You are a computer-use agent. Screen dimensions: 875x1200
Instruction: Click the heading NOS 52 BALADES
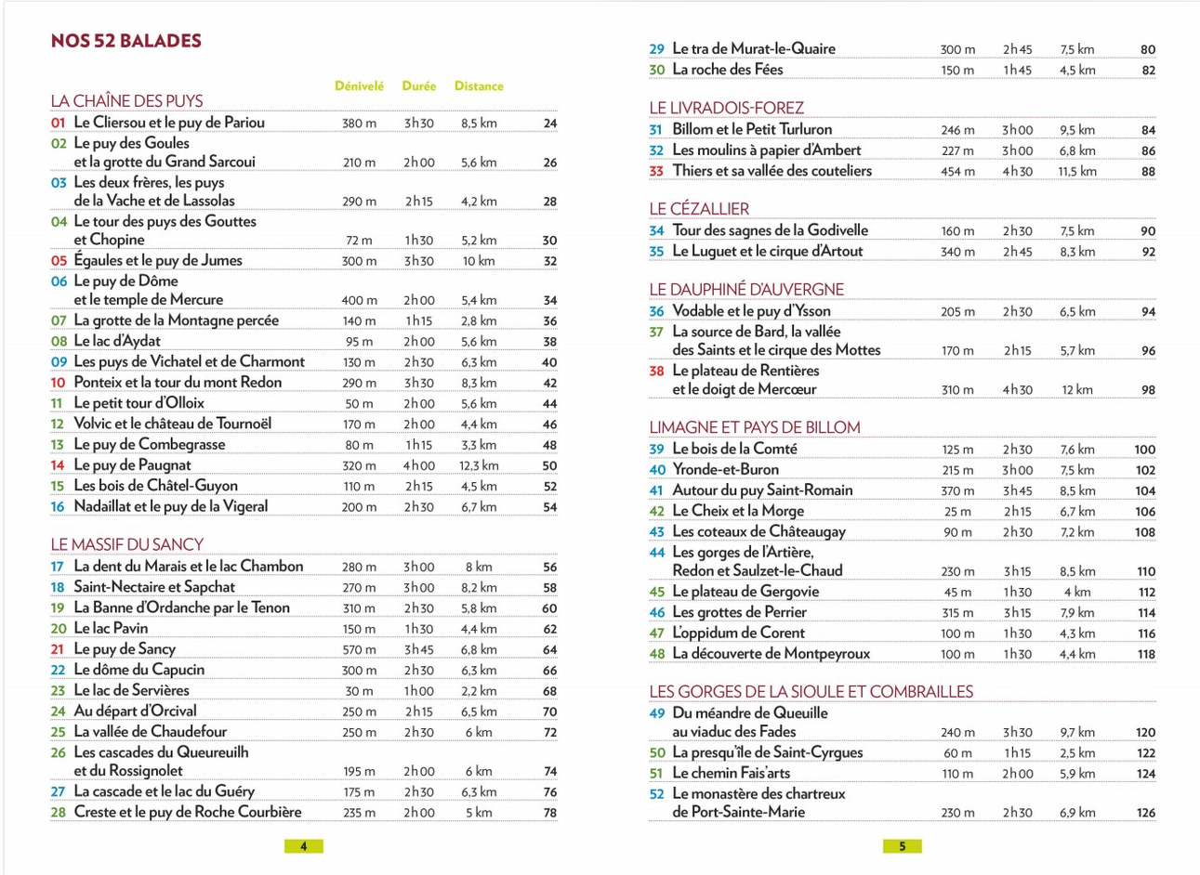coord(126,41)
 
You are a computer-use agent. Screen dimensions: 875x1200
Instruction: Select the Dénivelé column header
coord(359,86)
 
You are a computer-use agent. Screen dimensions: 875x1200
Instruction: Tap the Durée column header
coord(419,86)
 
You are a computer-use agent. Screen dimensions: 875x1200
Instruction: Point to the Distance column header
coord(479,86)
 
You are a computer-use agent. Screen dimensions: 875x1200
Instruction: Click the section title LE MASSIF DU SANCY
coord(127,545)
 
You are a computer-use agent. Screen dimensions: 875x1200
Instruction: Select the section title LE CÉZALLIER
coord(699,209)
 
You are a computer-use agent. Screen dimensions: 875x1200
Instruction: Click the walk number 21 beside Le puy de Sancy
coord(58,649)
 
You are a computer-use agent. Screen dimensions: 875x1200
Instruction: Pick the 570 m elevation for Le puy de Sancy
coord(359,650)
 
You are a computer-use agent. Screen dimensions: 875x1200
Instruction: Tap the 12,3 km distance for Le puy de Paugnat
coord(479,465)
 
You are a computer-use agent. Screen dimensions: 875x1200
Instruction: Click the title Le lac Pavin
coord(111,629)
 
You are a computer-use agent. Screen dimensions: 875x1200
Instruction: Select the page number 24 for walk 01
coord(550,123)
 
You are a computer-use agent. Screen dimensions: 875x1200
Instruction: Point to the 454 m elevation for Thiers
coord(957,171)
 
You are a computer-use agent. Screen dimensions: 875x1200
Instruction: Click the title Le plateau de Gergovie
coord(745,592)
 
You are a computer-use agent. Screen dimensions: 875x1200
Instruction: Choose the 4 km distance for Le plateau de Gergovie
coord(1077,593)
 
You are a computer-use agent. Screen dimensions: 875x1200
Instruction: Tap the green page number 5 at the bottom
coord(902,846)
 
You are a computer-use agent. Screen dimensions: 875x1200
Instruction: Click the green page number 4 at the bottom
coord(303,846)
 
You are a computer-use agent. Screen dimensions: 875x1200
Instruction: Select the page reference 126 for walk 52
coord(1146,813)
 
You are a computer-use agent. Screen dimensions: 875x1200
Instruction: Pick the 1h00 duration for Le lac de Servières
coord(419,691)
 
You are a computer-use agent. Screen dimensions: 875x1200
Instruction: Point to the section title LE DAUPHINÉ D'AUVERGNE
coord(746,290)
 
